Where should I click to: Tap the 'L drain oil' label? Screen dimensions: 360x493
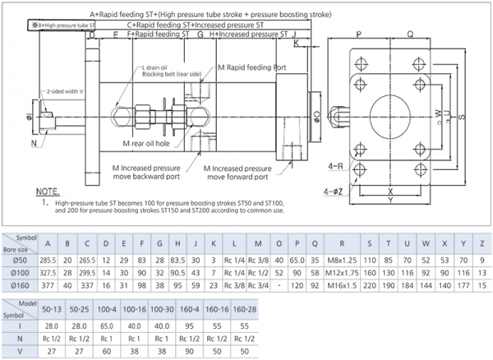(x=160, y=67)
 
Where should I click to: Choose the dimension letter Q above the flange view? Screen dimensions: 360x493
(x=409, y=35)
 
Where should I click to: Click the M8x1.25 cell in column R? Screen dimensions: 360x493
(x=339, y=258)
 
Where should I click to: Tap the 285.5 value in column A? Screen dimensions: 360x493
(x=48, y=258)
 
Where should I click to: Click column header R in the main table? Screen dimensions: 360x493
(x=339, y=243)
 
